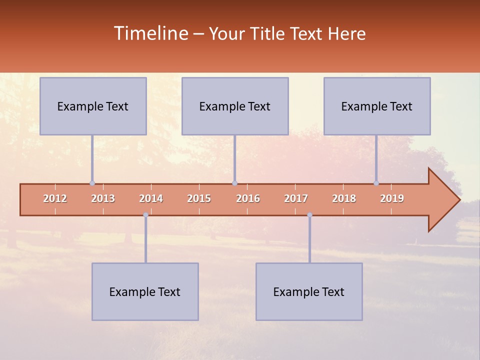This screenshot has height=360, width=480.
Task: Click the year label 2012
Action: tap(55, 198)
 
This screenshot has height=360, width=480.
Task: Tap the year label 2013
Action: tap(103, 198)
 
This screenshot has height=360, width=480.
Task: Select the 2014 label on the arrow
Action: tap(151, 198)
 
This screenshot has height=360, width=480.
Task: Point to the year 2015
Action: tap(199, 198)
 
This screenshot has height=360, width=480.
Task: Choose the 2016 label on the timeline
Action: tap(248, 198)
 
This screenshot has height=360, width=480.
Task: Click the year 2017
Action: tap(296, 198)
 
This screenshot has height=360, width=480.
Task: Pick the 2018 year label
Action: tap(344, 198)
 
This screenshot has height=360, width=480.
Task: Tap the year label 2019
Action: tap(392, 198)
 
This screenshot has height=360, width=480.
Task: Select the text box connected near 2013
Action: tap(93, 106)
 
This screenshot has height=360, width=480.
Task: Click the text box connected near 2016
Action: tap(235, 106)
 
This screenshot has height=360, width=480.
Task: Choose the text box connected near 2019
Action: tap(377, 106)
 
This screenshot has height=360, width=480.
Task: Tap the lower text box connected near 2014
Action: tap(145, 291)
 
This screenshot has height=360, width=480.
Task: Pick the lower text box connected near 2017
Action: tap(309, 291)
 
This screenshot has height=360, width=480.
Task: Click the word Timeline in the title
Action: tap(150, 33)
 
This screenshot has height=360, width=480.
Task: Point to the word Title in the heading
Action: tap(268, 34)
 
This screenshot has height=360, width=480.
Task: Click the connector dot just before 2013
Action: tap(92, 183)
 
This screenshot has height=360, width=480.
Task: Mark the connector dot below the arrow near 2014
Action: tap(145, 215)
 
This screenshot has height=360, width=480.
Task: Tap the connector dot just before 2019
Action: tap(376, 183)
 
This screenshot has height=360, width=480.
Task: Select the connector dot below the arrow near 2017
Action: tap(309, 215)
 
